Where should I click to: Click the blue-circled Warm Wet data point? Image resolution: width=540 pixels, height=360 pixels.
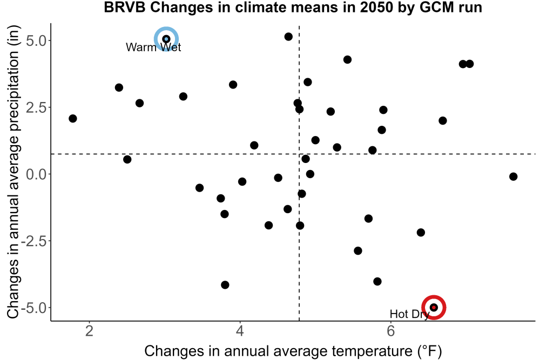click(166, 39)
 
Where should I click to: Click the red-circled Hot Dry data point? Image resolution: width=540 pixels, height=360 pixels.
click(434, 307)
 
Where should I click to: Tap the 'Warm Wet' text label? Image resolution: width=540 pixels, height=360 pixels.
click(153, 47)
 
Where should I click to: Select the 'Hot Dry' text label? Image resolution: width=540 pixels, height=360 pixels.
click(409, 314)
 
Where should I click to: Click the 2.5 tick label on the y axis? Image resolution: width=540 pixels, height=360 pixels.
click(36, 107)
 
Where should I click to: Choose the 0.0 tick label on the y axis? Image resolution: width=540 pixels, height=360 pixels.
click(36, 174)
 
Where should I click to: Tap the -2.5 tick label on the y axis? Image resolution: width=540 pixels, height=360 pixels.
click(33, 241)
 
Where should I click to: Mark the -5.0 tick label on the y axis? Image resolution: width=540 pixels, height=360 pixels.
click(33, 308)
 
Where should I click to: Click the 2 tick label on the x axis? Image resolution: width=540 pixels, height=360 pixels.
click(90, 331)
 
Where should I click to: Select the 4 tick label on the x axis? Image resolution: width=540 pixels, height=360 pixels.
click(240, 331)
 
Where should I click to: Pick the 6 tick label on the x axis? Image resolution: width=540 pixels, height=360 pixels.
click(390, 331)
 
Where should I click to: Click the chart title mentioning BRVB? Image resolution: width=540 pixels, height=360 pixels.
click(293, 7)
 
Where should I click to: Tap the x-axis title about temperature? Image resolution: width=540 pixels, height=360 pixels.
click(293, 351)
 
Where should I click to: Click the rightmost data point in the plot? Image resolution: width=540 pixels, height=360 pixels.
click(513, 176)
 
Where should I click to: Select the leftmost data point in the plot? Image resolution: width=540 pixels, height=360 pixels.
click(73, 118)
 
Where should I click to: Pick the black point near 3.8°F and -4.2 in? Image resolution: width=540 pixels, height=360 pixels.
click(225, 284)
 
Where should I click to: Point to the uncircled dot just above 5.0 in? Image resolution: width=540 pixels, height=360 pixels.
click(288, 37)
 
